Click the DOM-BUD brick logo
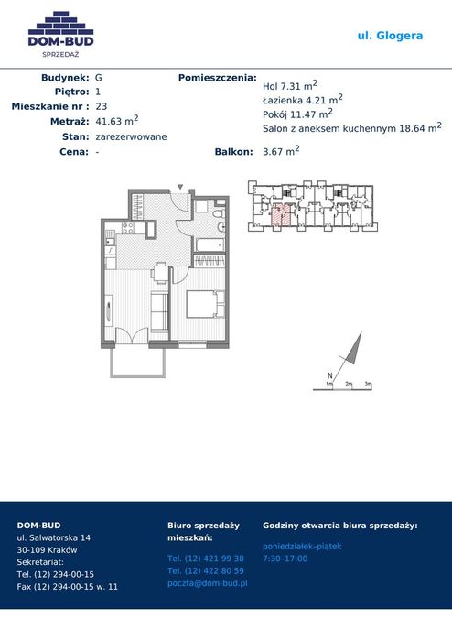coord(60,34)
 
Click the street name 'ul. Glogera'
coord(390,36)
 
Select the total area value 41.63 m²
coord(117,121)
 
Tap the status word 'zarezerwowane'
coord(131,136)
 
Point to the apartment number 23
coord(102,106)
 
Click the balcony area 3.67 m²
coord(281,151)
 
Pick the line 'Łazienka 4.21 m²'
coord(302,100)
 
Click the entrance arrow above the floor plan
coord(180,188)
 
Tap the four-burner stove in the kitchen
coord(127,228)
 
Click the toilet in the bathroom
coord(218,214)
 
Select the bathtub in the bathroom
coord(210,244)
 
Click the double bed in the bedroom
coord(205,304)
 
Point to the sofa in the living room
coord(159,311)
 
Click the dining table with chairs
coord(161,273)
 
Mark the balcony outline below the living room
coord(138,376)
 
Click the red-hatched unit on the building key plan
coord(281,214)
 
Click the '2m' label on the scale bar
coord(349,384)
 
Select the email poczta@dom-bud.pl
coord(207,583)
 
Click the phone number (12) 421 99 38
coord(206,559)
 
